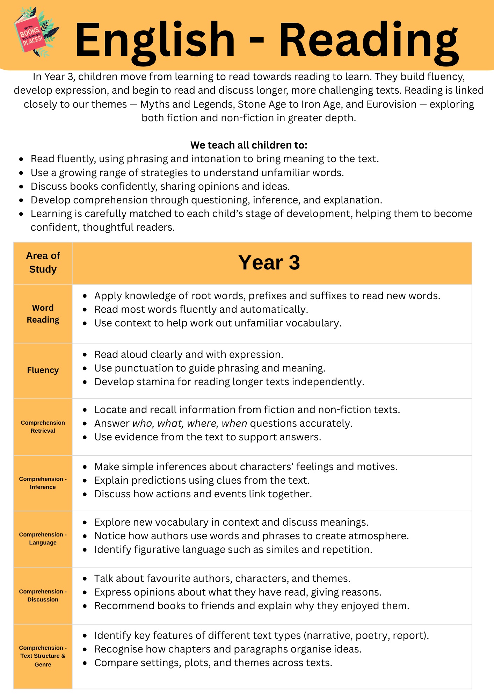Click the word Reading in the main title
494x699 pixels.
point(368,40)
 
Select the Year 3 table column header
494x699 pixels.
point(269,263)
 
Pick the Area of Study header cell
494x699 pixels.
point(43,262)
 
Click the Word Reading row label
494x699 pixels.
point(43,314)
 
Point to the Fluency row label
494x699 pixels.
point(43,370)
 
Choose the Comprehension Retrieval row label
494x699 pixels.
point(43,427)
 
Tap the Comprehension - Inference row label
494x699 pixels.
point(43,483)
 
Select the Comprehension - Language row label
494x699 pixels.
point(43,539)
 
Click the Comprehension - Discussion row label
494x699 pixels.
point(43,596)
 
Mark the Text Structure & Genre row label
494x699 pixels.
point(43,656)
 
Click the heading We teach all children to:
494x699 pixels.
point(249,145)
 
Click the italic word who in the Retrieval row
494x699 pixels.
point(142,424)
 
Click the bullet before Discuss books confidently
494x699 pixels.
point(21,187)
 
